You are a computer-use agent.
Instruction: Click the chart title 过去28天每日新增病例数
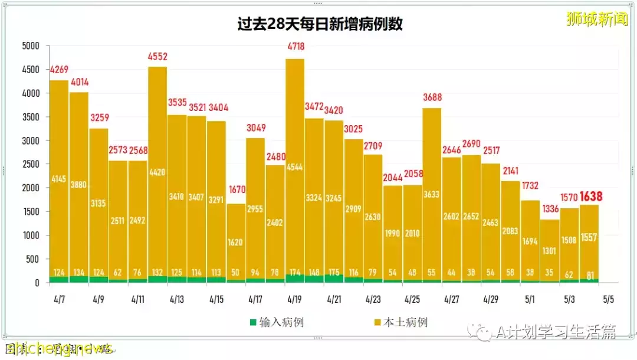320,24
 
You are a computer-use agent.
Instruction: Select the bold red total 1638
590,197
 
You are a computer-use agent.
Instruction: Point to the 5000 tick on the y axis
30,46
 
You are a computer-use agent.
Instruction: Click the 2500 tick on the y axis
30,165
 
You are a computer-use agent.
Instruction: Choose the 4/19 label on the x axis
294,299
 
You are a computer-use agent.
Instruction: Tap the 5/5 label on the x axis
609,299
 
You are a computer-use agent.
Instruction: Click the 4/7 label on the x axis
59,299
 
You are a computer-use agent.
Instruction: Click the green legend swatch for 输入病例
253,322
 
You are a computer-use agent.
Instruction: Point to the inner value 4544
295,166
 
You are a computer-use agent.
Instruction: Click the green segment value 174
295,272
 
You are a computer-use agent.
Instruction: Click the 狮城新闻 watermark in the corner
597,20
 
